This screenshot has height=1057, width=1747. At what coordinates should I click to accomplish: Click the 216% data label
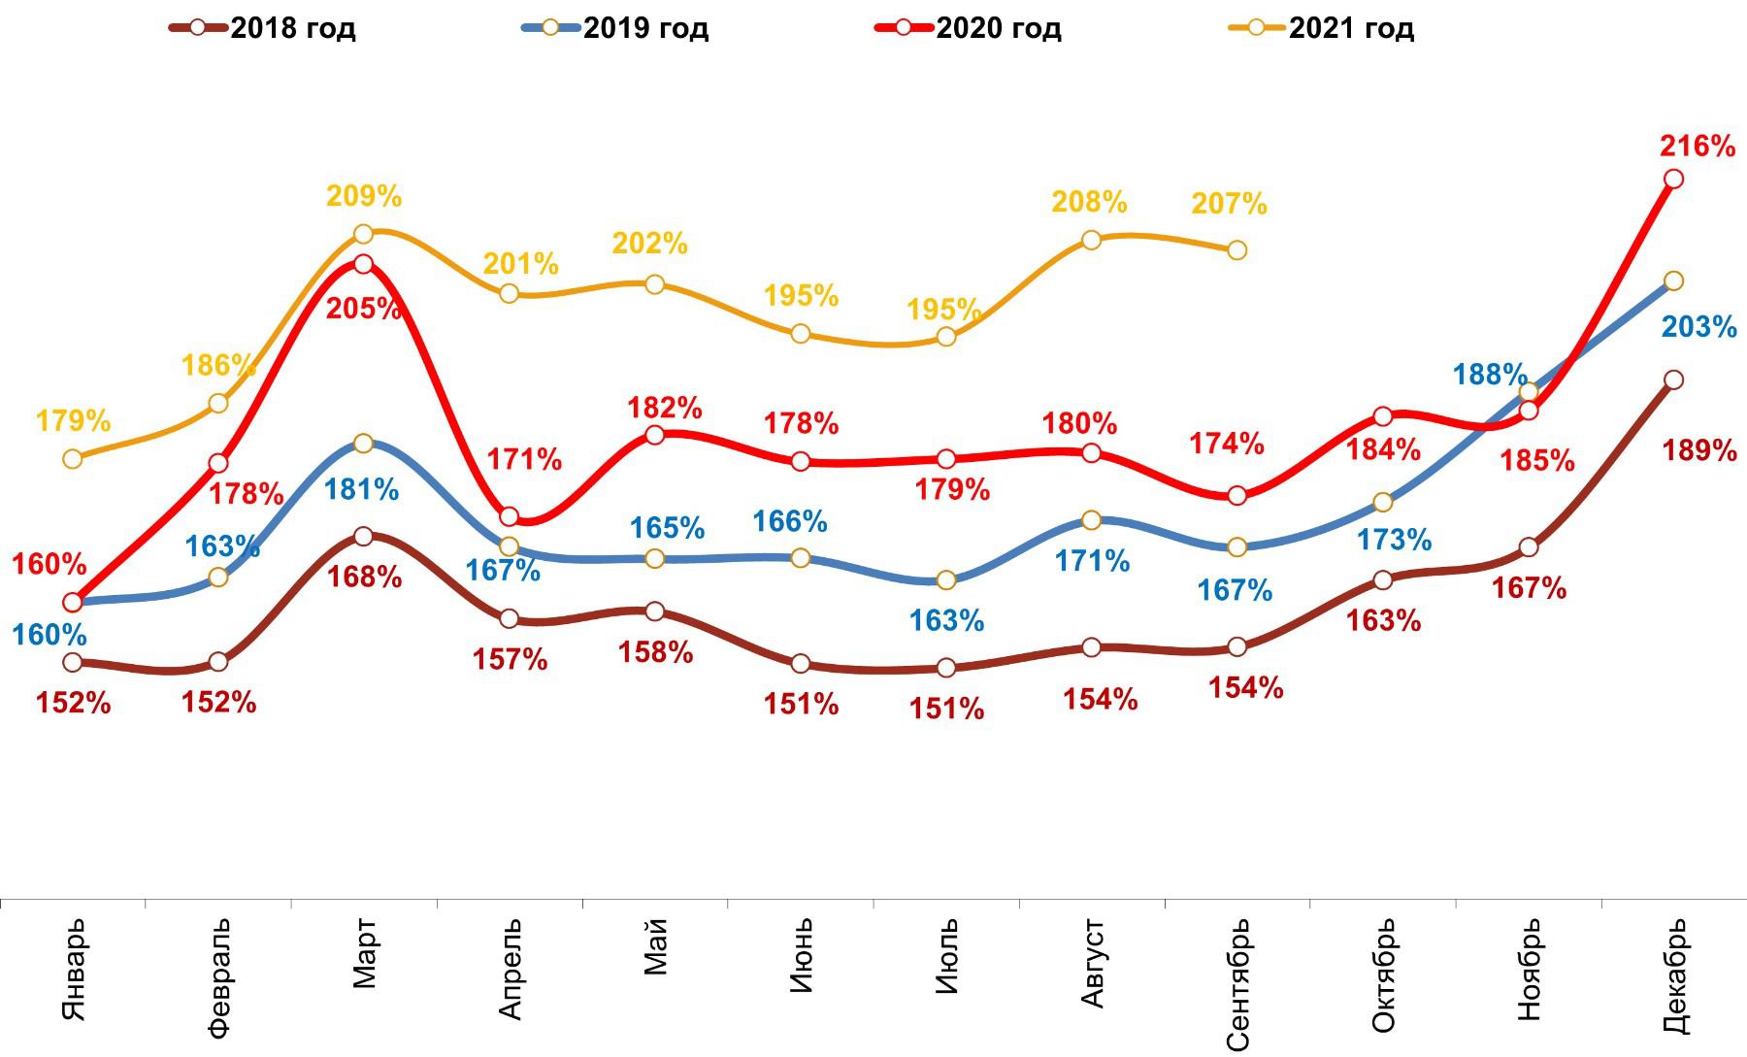click(x=1698, y=147)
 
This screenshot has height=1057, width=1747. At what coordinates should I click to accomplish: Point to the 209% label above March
click(x=364, y=197)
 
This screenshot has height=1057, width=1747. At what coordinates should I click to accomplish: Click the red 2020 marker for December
click(x=1673, y=179)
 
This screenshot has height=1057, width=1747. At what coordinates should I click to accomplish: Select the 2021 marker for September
click(x=1236, y=250)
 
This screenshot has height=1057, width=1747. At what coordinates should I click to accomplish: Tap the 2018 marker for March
click(x=363, y=537)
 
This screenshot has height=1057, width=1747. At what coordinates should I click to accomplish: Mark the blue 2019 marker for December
click(x=1673, y=281)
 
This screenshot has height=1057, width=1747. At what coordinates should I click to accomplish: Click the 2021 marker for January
click(x=72, y=458)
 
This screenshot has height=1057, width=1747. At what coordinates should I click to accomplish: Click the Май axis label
click(x=656, y=947)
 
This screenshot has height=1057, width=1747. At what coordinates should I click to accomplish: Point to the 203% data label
click(x=1698, y=327)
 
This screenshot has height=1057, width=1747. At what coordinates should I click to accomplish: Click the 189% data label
click(x=1699, y=450)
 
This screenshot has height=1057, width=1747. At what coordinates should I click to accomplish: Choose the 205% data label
click(x=364, y=309)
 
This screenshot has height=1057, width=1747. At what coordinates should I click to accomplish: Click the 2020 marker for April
click(x=509, y=516)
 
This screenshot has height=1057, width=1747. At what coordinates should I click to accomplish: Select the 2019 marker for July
click(x=945, y=580)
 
